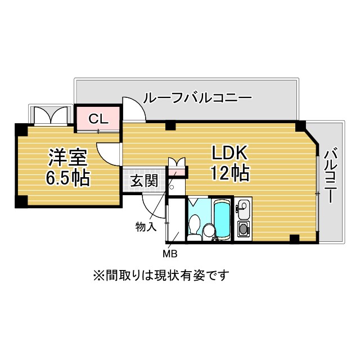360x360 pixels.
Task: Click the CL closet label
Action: (98, 119)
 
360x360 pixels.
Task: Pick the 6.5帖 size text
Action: (66, 178)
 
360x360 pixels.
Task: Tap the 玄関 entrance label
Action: (143, 181)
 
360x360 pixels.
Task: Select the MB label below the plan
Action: (170, 253)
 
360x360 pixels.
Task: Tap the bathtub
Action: (222, 219)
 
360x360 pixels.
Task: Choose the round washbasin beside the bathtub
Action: (209, 230)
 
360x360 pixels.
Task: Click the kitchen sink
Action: (243, 210)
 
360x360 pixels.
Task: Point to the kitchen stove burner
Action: (243, 229)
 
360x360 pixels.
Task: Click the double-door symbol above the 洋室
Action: (51, 115)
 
